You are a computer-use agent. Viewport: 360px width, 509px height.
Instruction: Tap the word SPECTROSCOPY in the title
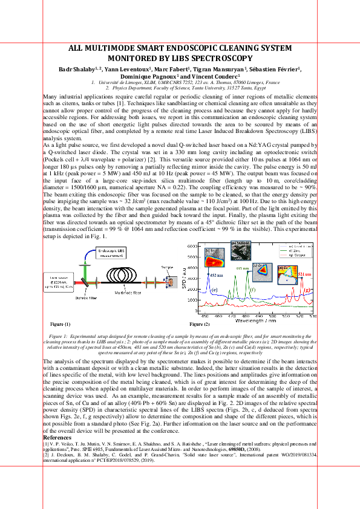221,59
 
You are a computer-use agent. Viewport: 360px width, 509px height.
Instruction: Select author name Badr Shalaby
78,70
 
